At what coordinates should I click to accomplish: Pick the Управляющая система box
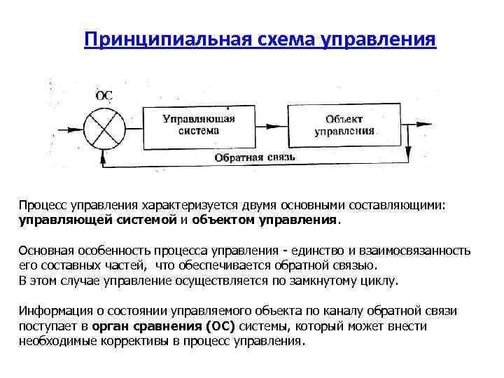(x=199, y=126)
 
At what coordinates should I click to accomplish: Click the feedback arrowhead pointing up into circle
(x=104, y=155)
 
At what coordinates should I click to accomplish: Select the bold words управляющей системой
(x=94, y=220)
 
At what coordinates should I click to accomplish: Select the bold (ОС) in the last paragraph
(x=225, y=326)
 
